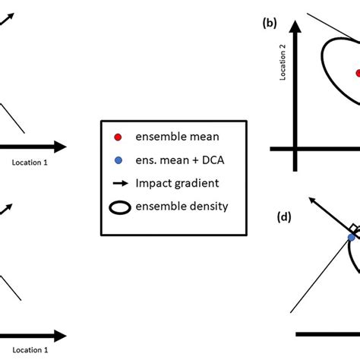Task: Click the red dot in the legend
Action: coord(117,137)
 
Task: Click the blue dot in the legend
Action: coord(117,160)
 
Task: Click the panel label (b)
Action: coord(269,24)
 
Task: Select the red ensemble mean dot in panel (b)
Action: coord(357,73)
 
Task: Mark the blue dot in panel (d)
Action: coord(351,237)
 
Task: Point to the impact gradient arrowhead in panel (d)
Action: coord(311,200)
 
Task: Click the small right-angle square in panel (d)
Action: coord(353,229)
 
